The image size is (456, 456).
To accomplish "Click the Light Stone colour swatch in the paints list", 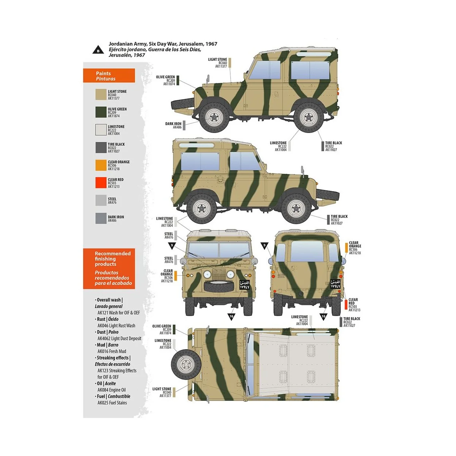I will pyautogui.click(x=101, y=95).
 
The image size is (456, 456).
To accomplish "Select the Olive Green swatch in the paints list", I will pyautogui.click(x=101, y=112).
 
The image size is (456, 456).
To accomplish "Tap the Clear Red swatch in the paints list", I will pyautogui.click(x=101, y=183).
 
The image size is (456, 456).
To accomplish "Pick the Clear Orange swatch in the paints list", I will pyautogui.click(x=101, y=165).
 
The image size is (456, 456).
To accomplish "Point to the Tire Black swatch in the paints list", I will pyautogui.click(x=101, y=147).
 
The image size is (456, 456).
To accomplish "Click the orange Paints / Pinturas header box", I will pyautogui.click(x=109, y=76).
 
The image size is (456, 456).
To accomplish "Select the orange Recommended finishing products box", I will pyautogui.click(x=109, y=268).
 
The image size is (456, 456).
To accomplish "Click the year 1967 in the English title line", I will pyautogui.click(x=211, y=44).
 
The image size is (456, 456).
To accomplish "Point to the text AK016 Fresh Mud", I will pyautogui.click(x=112, y=351).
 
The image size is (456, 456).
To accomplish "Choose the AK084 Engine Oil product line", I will pyautogui.click(x=111, y=390).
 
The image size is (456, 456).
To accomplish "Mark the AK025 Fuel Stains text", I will pyautogui.click(x=112, y=403).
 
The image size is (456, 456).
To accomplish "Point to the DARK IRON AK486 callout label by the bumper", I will pyautogui.click(x=173, y=125).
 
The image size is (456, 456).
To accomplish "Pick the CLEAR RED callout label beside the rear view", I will pyautogui.click(x=353, y=305).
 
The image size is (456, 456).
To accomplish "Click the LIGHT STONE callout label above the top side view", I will pyautogui.click(x=217, y=63).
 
